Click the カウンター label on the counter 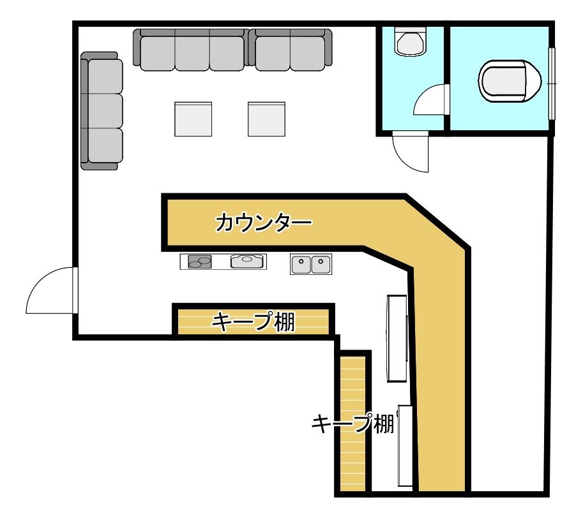point(263,223)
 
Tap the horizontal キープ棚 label point(254,322)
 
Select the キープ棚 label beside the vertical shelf point(352,424)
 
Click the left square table point(193,119)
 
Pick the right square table point(266,119)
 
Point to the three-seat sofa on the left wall point(102,110)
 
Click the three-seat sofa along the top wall point(191,50)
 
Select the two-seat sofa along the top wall point(291,50)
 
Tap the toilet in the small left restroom point(411,41)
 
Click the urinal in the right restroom point(510,80)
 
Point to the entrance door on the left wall point(52,290)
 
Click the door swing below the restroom point(411,152)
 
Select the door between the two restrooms point(431,100)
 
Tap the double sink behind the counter point(311,264)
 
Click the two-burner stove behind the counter point(200,262)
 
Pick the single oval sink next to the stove point(247,261)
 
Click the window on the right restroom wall point(552,84)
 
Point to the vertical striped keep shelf point(352,424)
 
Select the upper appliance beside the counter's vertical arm point(397,338)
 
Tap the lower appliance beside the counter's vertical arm point(405,446)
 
